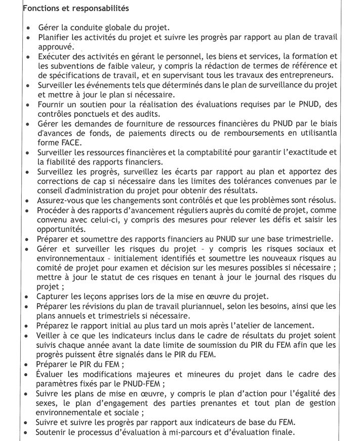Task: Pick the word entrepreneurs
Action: click(x=305, y=75)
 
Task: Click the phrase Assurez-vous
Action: click(x=61, y=200)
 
